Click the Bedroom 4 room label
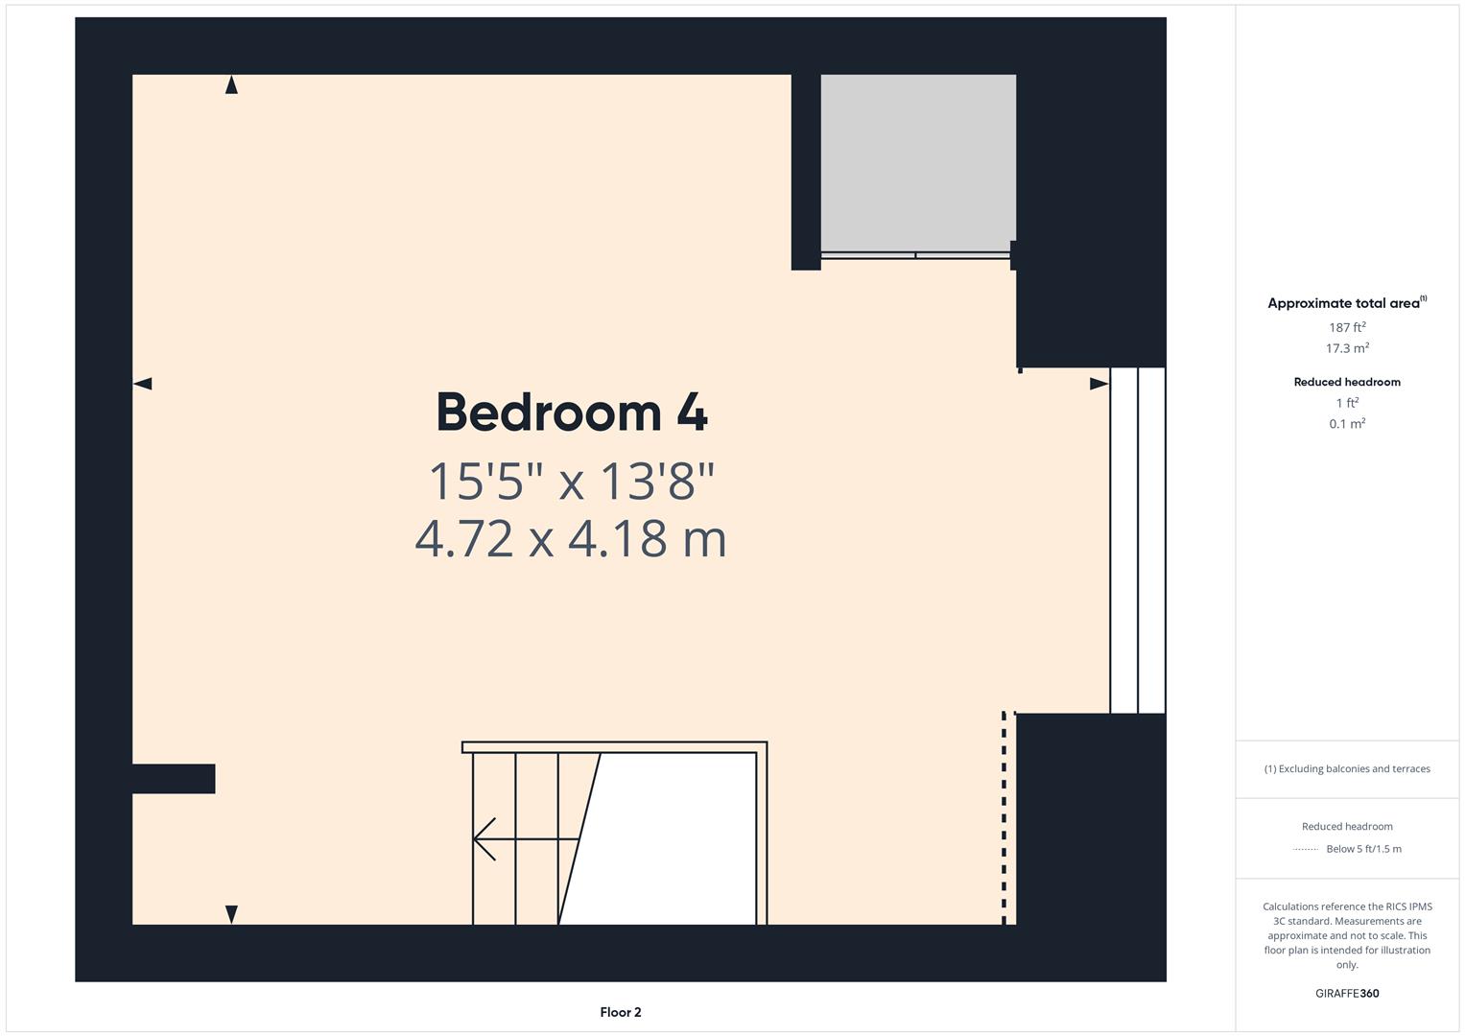(572, 412)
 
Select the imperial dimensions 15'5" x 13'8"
(572, 482)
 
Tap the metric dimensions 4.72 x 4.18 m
(571, 539)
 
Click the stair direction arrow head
(484, 839)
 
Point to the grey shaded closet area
(917, 161)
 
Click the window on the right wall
(1138, 540)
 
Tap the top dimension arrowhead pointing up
(231, 85)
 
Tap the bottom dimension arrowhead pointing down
(231, 914)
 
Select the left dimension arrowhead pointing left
(142, 384)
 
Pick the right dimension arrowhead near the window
(1099, 384)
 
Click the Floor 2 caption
(621, 1012)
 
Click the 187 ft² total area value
(1347, 327)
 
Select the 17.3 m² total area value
(1347, 348)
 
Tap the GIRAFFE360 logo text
(1347, 993)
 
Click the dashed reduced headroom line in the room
(1004, 815)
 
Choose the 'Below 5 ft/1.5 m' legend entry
(1363, 849)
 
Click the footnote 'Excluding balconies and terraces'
(1347, 768)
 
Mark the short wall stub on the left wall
(174, 779)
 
